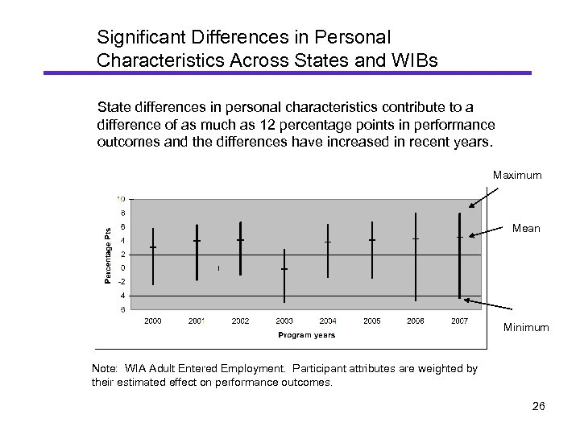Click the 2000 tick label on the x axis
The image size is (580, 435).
pos(152,321)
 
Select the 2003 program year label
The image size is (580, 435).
pos(284,321)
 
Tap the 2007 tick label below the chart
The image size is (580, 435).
pos(459,321)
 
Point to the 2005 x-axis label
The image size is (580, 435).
pos(371,321)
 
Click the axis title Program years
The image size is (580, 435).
pos(307,334)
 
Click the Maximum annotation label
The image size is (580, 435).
pos(517,175)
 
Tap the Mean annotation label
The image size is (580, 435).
pos(527,229)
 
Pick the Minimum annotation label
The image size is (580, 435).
pos(526,328)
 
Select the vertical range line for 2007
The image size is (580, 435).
pos(459,255)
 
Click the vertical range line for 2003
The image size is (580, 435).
pos(284,274)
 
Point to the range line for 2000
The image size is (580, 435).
pos(153,256)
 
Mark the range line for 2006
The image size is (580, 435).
pos(416,256)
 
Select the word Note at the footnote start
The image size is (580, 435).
pos(107,368)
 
